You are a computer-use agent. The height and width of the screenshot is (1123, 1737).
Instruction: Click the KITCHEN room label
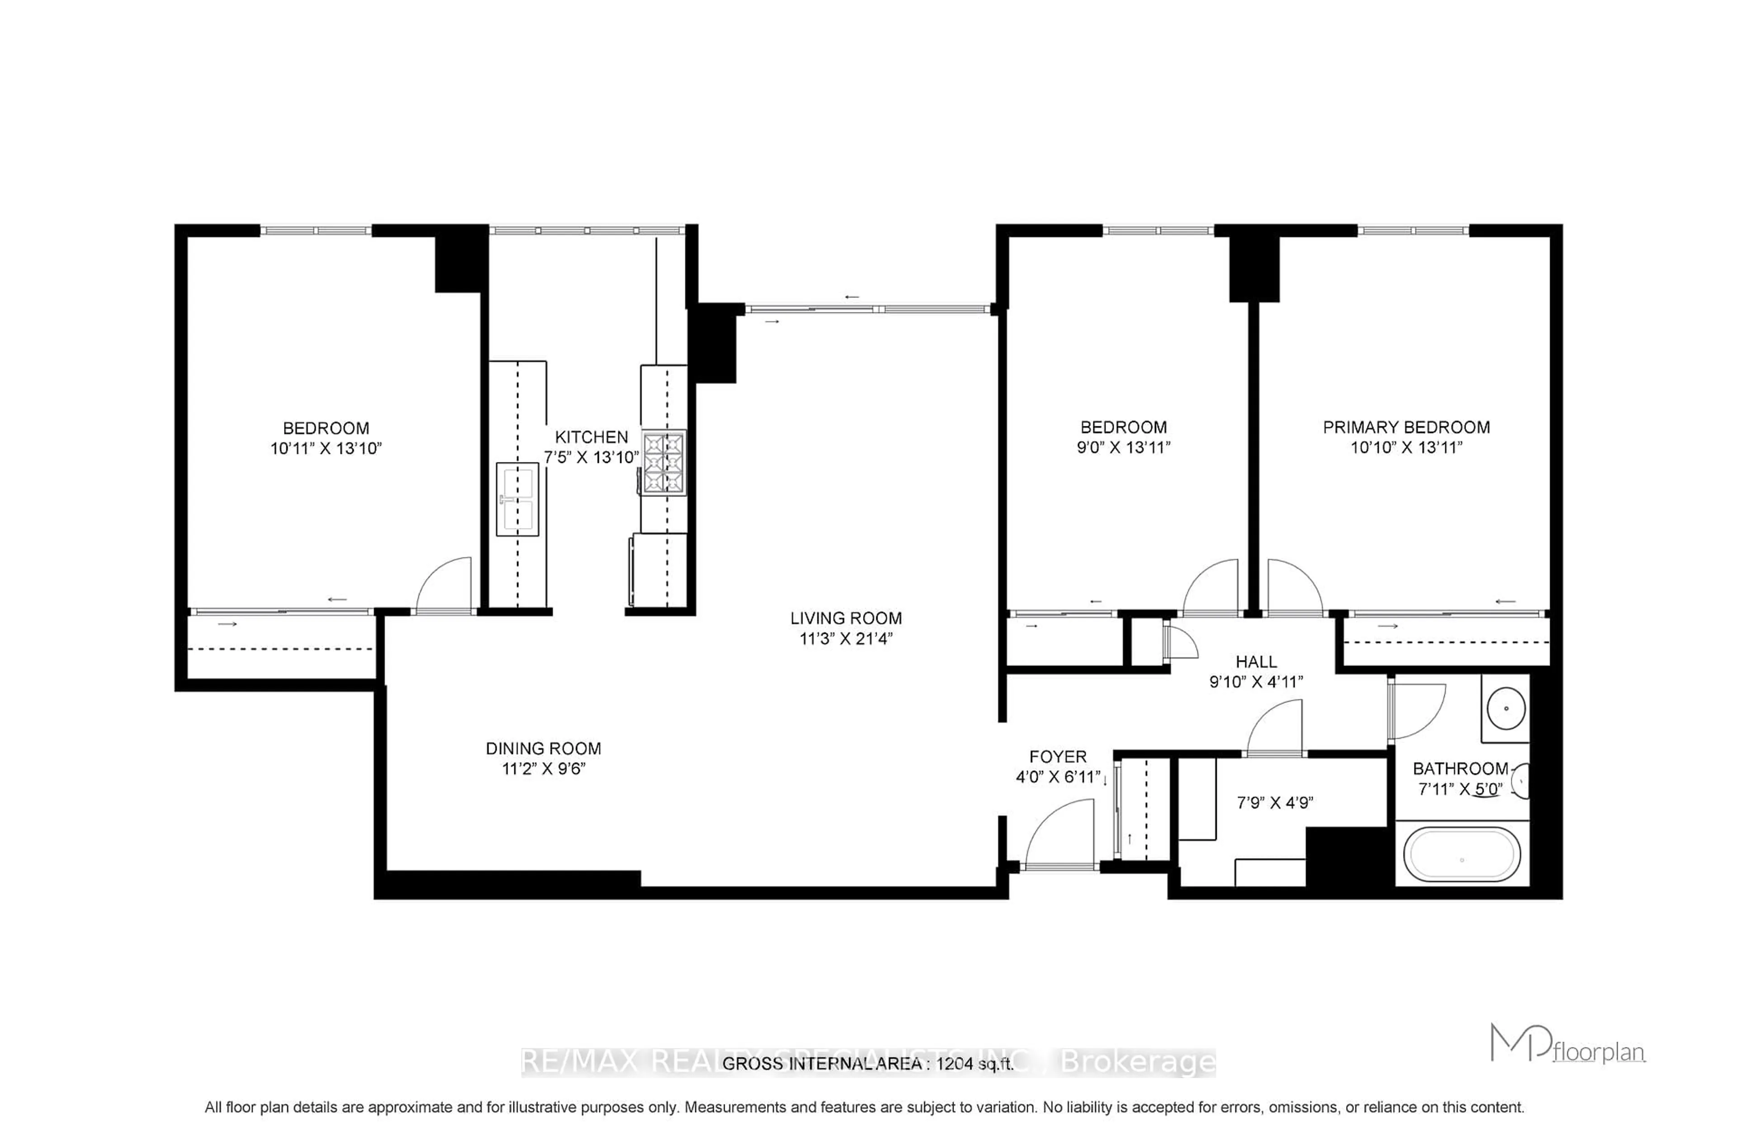point(591,437)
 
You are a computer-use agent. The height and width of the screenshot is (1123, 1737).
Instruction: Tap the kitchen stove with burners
point(664,462)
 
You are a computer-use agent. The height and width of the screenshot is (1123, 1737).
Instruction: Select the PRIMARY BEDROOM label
point(1406,427)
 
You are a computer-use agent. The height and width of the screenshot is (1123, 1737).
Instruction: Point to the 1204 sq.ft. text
point(975,1064)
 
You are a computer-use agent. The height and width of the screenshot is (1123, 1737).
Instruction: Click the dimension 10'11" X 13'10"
point(326,448)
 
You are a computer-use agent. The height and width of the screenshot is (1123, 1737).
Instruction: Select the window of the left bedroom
point(316,231)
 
